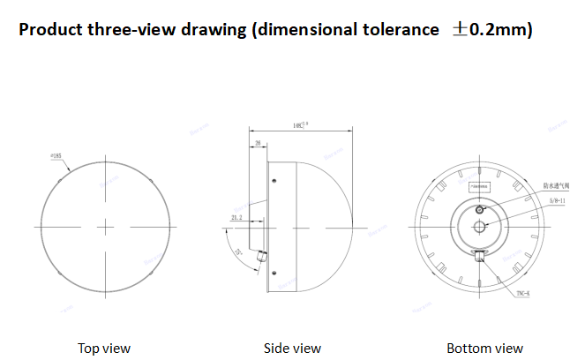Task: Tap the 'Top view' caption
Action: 103,348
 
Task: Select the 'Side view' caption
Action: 292,348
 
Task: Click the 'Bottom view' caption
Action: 484,348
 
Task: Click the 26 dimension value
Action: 258,142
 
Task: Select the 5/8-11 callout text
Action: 558,202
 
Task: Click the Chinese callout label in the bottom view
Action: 557,185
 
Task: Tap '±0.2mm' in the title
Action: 491,30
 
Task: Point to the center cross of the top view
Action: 105,227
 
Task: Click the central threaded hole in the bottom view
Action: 478,226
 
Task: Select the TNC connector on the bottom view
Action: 479,256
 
